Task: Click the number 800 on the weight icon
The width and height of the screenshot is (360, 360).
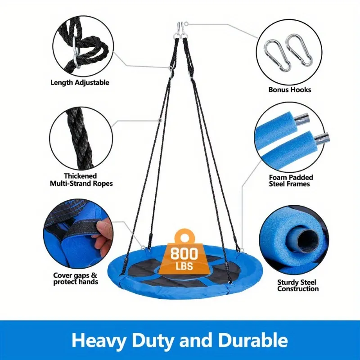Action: click(x=184, y=253)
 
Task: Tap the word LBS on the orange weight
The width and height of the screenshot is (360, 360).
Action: click(x=184, y=266)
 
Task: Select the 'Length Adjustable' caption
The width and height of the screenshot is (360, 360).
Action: click(x=80, y=82)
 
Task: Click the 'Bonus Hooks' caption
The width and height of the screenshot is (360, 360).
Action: click(x=290, y=90)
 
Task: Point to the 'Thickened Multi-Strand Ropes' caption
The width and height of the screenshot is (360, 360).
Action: click(x=81, y=180)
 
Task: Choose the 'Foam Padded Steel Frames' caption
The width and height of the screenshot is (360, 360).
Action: click(x=291, y=181)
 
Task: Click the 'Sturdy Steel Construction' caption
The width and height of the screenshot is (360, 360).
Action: click(x=298, y=285)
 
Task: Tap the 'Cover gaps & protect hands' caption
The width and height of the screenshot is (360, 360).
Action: click(x=76, y=279)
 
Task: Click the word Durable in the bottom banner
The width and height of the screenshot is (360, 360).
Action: click(x=253, y=340)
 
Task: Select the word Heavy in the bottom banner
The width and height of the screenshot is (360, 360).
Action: click(x=99, y=341)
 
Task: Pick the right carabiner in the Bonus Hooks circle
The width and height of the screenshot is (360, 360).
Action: click(x=298, y=50)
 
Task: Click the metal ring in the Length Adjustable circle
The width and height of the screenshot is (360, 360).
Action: click(x=76, y=53)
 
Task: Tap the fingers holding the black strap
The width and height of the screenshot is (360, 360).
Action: click(x=103, y=237)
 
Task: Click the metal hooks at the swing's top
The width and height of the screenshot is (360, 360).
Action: click(x=181, y=30)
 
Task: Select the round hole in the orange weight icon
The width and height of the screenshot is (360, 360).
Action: click(x=184, y=238)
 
